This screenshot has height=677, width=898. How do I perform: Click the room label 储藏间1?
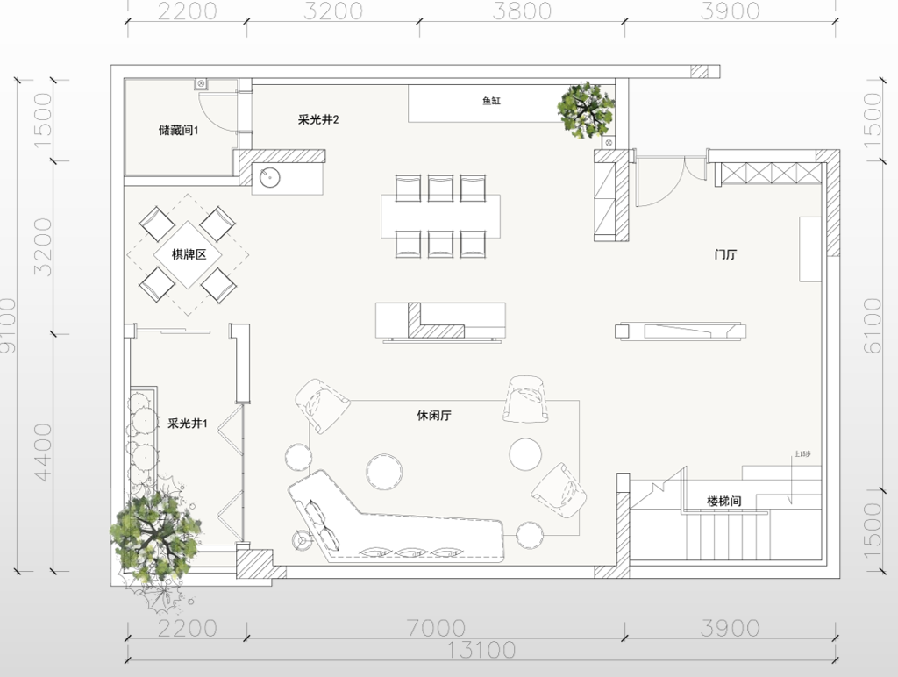179,131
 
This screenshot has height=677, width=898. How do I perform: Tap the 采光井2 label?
318,119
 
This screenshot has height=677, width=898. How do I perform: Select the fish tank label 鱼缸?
491,102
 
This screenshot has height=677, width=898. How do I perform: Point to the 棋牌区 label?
188,255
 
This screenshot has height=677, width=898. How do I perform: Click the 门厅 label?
725,255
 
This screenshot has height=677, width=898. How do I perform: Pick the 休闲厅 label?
434,415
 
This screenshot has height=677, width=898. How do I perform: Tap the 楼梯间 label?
724,502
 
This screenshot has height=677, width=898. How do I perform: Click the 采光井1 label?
188,424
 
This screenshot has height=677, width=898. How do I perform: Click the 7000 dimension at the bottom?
436,628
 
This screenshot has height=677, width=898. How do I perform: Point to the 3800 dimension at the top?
523,11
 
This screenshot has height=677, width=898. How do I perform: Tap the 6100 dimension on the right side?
873,325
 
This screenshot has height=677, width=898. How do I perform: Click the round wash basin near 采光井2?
269,178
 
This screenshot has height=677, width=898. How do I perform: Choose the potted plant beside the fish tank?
586,110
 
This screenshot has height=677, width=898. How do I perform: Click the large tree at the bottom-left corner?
155,533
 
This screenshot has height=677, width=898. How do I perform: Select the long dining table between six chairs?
440,216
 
